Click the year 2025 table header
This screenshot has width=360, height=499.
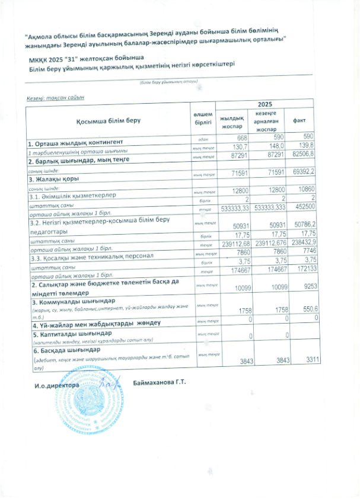265,104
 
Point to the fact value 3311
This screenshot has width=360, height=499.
308,359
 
